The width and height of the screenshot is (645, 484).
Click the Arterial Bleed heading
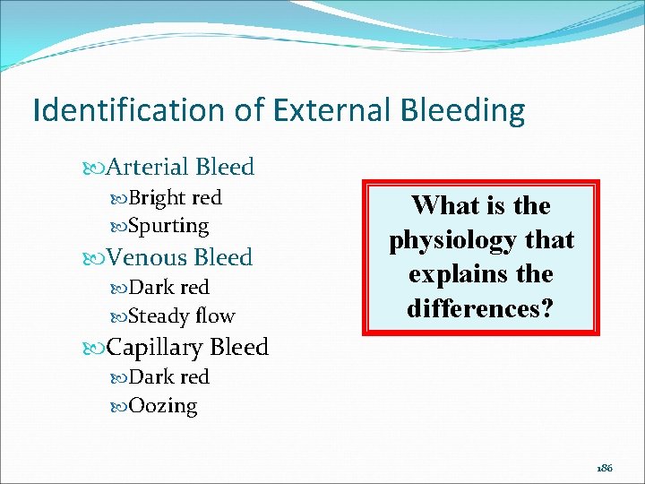point(179,167)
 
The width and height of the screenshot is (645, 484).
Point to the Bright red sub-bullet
point(175,197)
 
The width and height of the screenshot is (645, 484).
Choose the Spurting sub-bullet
point(168,226)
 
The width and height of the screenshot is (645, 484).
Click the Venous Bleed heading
point(179,257)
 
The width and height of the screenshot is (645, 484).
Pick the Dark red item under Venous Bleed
point(168,287)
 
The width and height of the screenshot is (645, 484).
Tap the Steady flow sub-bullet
point(181,315)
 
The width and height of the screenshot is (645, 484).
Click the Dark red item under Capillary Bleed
point(168,376)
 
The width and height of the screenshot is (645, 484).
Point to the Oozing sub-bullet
point(163,405)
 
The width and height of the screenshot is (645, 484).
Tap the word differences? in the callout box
point(480,307)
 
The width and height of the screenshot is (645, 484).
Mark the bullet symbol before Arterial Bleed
point(97,168)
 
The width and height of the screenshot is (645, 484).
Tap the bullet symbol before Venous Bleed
point(97,258)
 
